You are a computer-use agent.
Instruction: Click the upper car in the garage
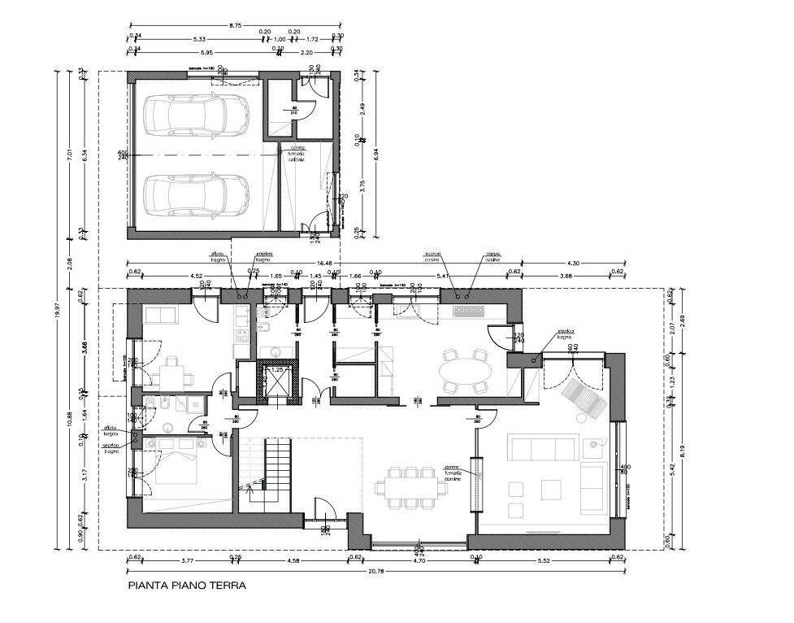[x=196, y=115]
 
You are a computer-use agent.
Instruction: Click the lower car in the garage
[x=196, y=194]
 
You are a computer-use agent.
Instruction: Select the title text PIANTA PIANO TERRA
[x=187, y=585]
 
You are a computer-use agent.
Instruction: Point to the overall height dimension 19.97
[x=56, y=309]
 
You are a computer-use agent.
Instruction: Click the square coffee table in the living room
[x=551, y=490]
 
